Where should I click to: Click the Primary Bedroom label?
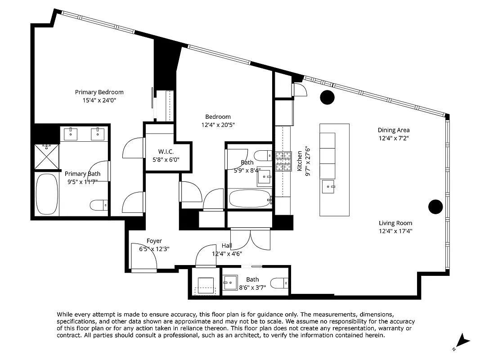click(x=99, y=92)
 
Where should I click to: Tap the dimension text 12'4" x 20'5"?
click(x=218, y=125)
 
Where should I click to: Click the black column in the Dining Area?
click(x=327, y=97)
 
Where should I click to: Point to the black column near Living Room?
click(x=435, y=207)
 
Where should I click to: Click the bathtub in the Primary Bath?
click(x=47, y=194)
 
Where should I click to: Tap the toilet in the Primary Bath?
click(x=99, y=206)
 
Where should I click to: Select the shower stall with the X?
click(x=47, y=156)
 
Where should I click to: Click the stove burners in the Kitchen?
click(x=283, y=162)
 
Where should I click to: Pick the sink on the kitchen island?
click(x=329, y=185)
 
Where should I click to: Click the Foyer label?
click(x=154, y=241)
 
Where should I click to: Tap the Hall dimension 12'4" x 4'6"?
click(x=227, y=254)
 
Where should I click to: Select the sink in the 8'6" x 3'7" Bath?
click(x=230, y=283)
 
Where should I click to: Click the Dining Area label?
click(x=393, y=130)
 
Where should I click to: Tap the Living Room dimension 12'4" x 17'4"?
click(x=395, y=231)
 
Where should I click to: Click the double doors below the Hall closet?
click(x=250, y=238)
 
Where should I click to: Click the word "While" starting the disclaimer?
click(x=65, y=314)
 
